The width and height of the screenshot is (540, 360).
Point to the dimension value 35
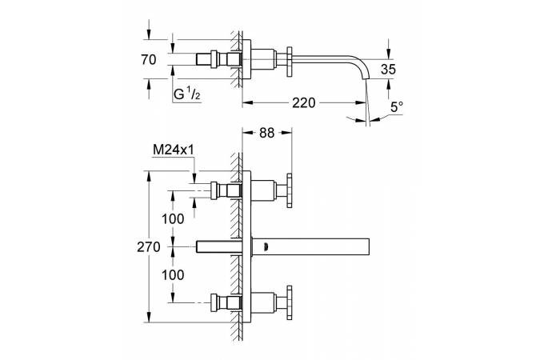(x=388, y=70)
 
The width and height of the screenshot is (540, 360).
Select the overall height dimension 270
(x=148, y=246)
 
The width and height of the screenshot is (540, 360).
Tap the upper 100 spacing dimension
(x=172, y=218)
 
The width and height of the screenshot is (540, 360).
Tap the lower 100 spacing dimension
(x=172, y=274)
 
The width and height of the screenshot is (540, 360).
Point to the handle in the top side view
(x=286, y=59)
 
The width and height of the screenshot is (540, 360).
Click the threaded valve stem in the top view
(x=217, y=60)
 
